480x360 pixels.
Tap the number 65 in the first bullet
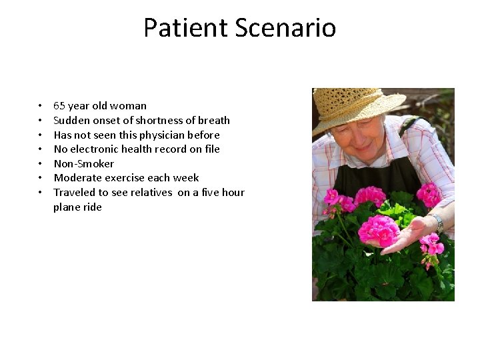[x=59, y=106]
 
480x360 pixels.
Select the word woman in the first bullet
[x=129, y=106]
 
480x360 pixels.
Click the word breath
[x=213, y=121]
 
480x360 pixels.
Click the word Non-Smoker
[x=84, y=164]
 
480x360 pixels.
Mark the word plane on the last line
[x=67, y=207]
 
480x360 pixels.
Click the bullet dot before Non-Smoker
[x=40, y=164]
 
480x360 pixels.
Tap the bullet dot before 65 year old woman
[x=40, y=106]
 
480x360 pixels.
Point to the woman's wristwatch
[x=437, y=223]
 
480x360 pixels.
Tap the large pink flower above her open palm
[x=378, y=230]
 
